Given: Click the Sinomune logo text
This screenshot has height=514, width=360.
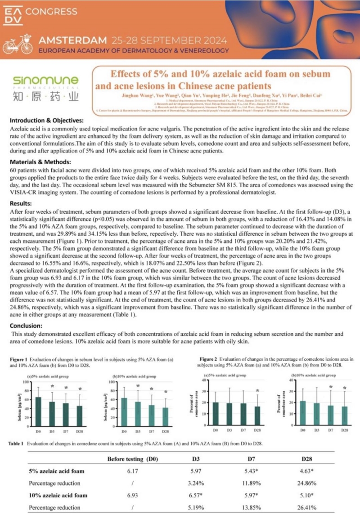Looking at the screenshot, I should (45, 81).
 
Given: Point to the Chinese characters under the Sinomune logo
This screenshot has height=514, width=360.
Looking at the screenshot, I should (45, 97).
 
